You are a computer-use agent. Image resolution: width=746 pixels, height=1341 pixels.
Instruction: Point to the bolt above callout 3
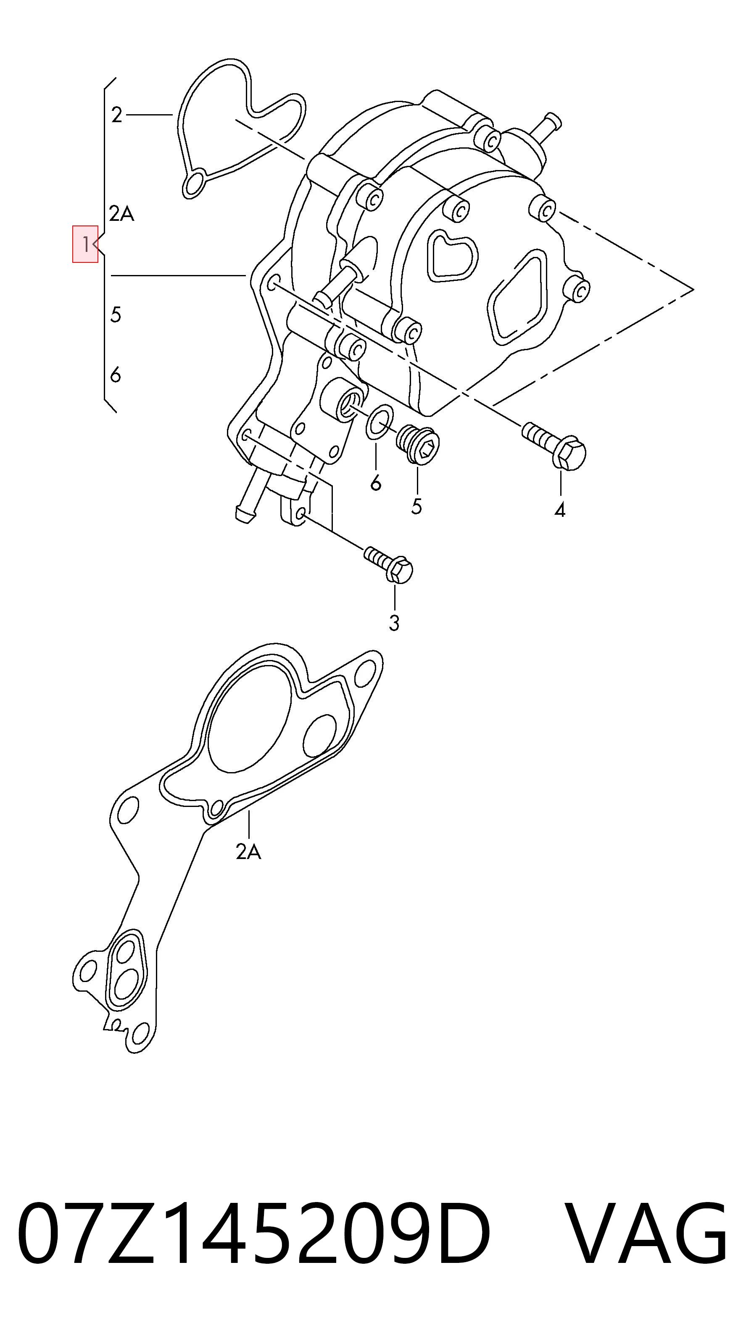pyautogui.click(x=389, y=564)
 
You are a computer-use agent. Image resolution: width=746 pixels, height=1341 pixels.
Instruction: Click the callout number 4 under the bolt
pyautogui.click(x=560, y=510)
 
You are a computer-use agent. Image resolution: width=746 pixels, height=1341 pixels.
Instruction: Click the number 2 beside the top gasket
pyautogui.click(x=117, y=115)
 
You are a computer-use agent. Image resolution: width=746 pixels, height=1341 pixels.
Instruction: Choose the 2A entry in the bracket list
pyautogui.click(x=121, y=213)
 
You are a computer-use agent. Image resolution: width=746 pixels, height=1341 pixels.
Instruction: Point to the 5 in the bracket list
pyautogui.click(x=116, y=314)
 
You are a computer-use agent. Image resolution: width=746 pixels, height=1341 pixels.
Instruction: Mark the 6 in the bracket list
pyautogui.click(x=116, y=375)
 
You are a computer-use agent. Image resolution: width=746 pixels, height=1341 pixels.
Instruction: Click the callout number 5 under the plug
pyautogui.click(x=416, y=506)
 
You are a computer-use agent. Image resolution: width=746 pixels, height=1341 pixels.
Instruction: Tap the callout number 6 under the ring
pyautogui.click(x=376, y=483)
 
